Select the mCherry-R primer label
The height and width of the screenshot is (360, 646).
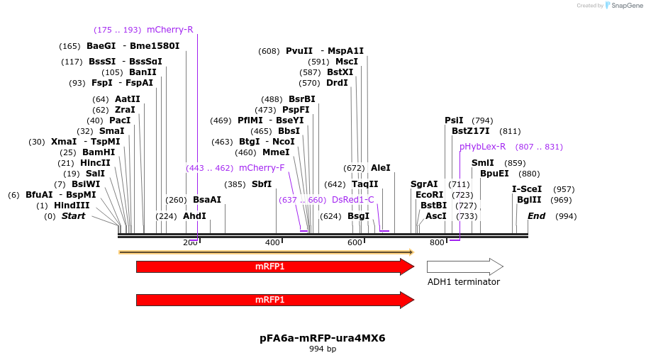pos(169,30)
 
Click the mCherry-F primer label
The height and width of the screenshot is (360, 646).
pos(262,168)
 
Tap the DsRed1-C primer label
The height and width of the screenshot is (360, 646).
pos(352,200)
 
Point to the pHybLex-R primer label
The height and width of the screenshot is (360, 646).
pos(482,147)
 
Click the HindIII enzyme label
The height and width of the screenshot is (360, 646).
pos(72,206)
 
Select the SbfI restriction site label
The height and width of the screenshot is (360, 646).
pos(262,184)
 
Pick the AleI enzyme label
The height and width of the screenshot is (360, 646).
pos(380,168)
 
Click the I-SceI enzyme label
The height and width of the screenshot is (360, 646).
pos(527,189)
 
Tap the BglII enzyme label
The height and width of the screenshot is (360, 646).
pos(529,200)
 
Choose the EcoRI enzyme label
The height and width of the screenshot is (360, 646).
pos(429,194)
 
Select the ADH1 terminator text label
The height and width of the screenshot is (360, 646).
pos(463,282)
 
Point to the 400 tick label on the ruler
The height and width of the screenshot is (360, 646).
pos(272,243)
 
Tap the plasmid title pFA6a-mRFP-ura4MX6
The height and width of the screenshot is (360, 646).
pos(323,338)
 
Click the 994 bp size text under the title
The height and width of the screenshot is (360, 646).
pos(323,349)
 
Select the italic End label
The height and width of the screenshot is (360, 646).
pos(536,216)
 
